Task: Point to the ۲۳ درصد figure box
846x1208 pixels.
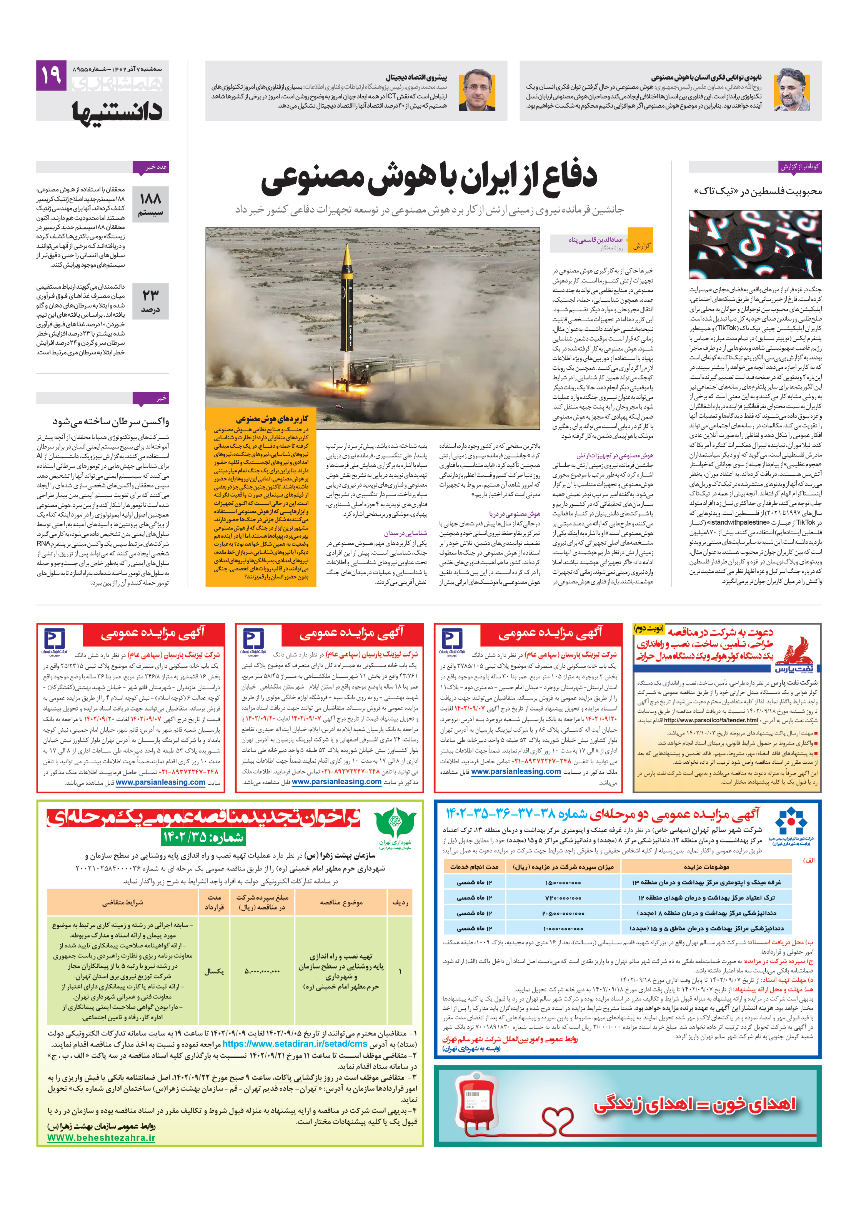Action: [x=151, y=301]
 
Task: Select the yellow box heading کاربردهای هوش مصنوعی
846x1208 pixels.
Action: [x=271, y=419]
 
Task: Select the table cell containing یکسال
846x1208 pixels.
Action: [x=214, y=971]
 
